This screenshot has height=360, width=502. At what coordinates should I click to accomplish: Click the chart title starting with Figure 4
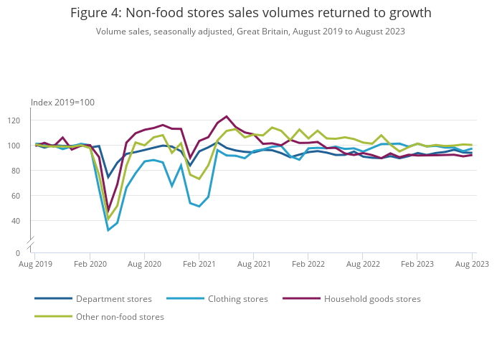(x=251, y=14)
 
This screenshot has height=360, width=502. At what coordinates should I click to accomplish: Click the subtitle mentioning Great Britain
(x=251, y=32)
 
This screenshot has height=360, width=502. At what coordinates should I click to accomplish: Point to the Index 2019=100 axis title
(x=62, y=103)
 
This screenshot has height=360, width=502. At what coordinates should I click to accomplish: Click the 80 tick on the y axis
(x=22, y=171)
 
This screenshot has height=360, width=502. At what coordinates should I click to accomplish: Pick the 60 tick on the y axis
(x=22, y=196)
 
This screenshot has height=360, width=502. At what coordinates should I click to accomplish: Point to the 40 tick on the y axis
(x=22, y=221)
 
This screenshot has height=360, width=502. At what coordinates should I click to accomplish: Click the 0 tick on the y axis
(x=24, y=253)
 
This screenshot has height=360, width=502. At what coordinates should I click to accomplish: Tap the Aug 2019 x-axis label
(x=35, y=264)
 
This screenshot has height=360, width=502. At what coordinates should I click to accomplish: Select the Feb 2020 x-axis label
(x=90, y=264)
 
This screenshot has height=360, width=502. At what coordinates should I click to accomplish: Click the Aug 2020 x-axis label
(x=144, y=264)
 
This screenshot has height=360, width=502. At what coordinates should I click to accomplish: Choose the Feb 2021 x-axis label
(x=199, y=264)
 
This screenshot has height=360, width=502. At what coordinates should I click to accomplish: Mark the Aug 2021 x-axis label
(x=253, y=264)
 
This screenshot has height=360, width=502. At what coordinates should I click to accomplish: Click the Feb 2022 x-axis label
(x=308, y=264)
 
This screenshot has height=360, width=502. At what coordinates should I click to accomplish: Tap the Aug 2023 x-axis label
(x=473, y=264)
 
